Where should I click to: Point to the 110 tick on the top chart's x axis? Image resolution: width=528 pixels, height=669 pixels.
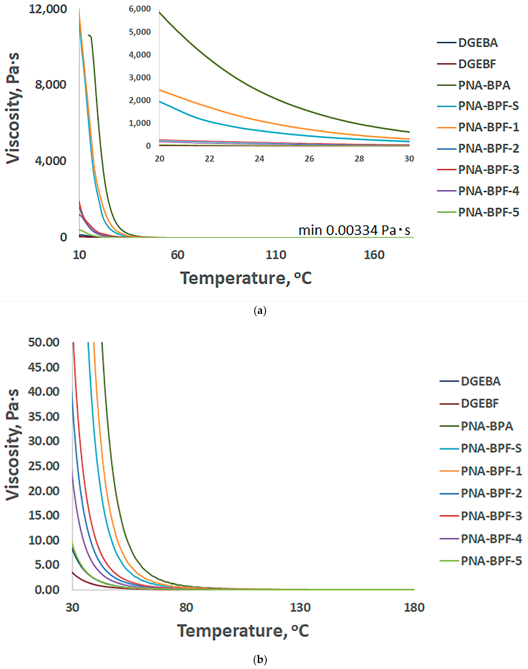pos(276,255)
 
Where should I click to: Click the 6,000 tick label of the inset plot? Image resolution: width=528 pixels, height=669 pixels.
pos(140,9)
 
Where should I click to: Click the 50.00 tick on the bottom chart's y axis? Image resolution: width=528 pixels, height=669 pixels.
pos(44,342)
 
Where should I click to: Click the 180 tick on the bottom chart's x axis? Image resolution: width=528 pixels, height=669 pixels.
pos(414,607)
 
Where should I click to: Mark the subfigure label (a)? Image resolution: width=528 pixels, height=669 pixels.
pos(260,311)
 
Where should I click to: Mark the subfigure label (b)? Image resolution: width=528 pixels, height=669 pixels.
pos(260,660)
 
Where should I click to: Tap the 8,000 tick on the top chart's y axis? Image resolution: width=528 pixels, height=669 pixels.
pos(50,84)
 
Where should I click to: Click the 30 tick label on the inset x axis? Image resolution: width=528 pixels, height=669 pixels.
pos(409,159)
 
